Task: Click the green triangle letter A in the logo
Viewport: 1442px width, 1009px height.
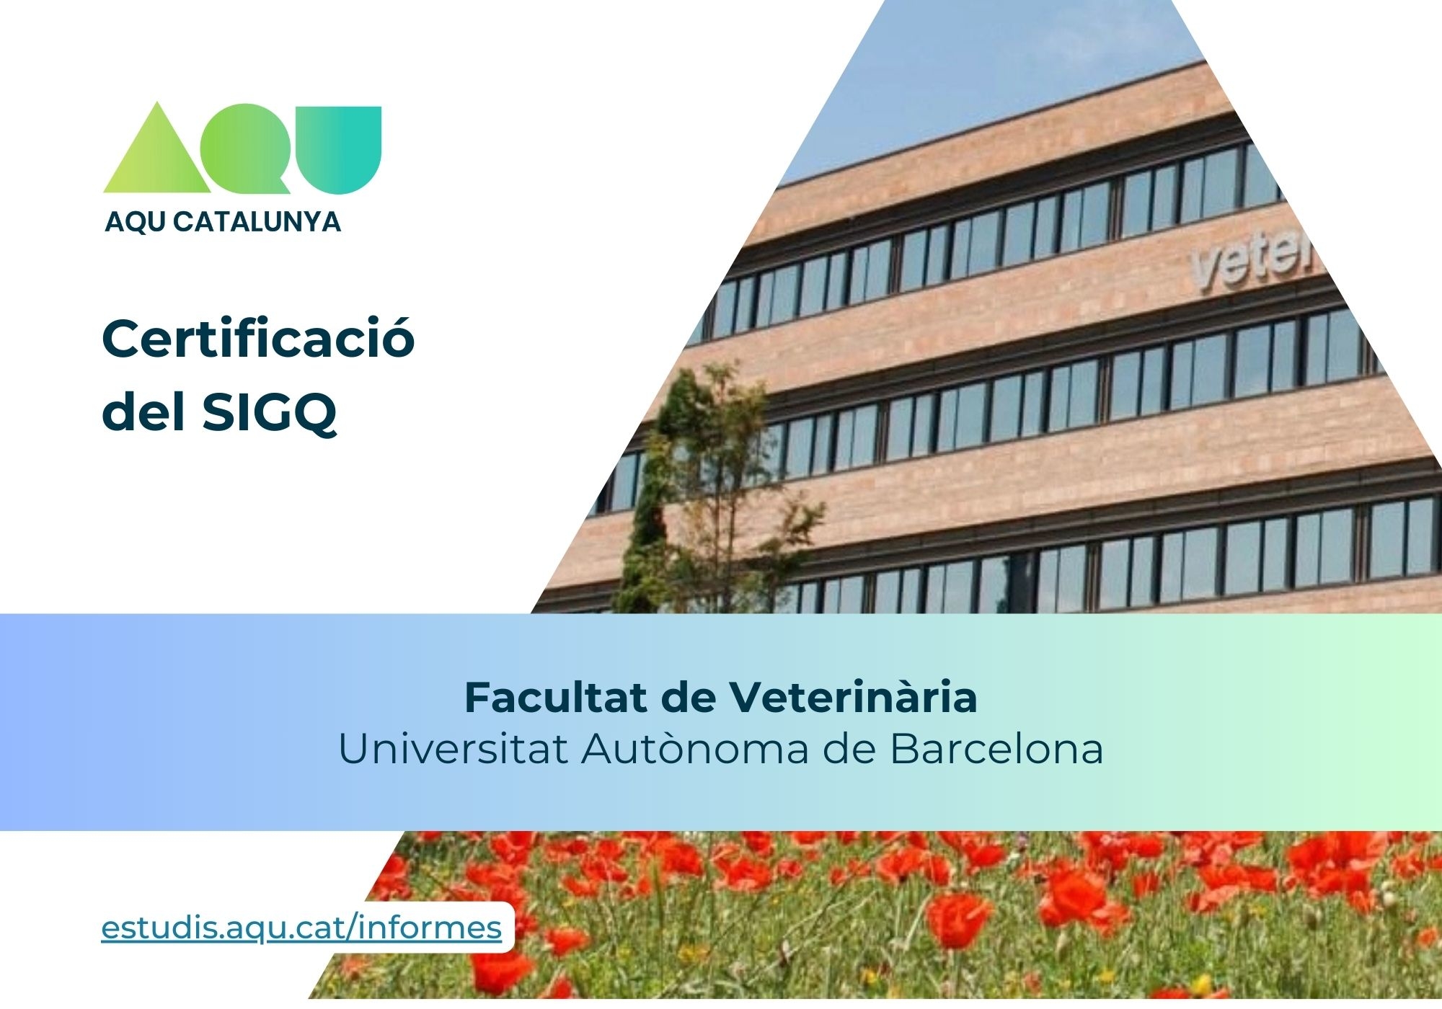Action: coord(157,155)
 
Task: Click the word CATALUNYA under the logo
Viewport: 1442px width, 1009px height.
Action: coord(257,221)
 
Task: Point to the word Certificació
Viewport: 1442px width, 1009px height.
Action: coord(258,339)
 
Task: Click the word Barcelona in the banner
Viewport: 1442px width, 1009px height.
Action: coord(996,749)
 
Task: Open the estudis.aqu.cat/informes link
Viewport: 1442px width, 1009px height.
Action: coord(301,928)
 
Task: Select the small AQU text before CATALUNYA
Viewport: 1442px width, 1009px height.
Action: coord(136,221)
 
